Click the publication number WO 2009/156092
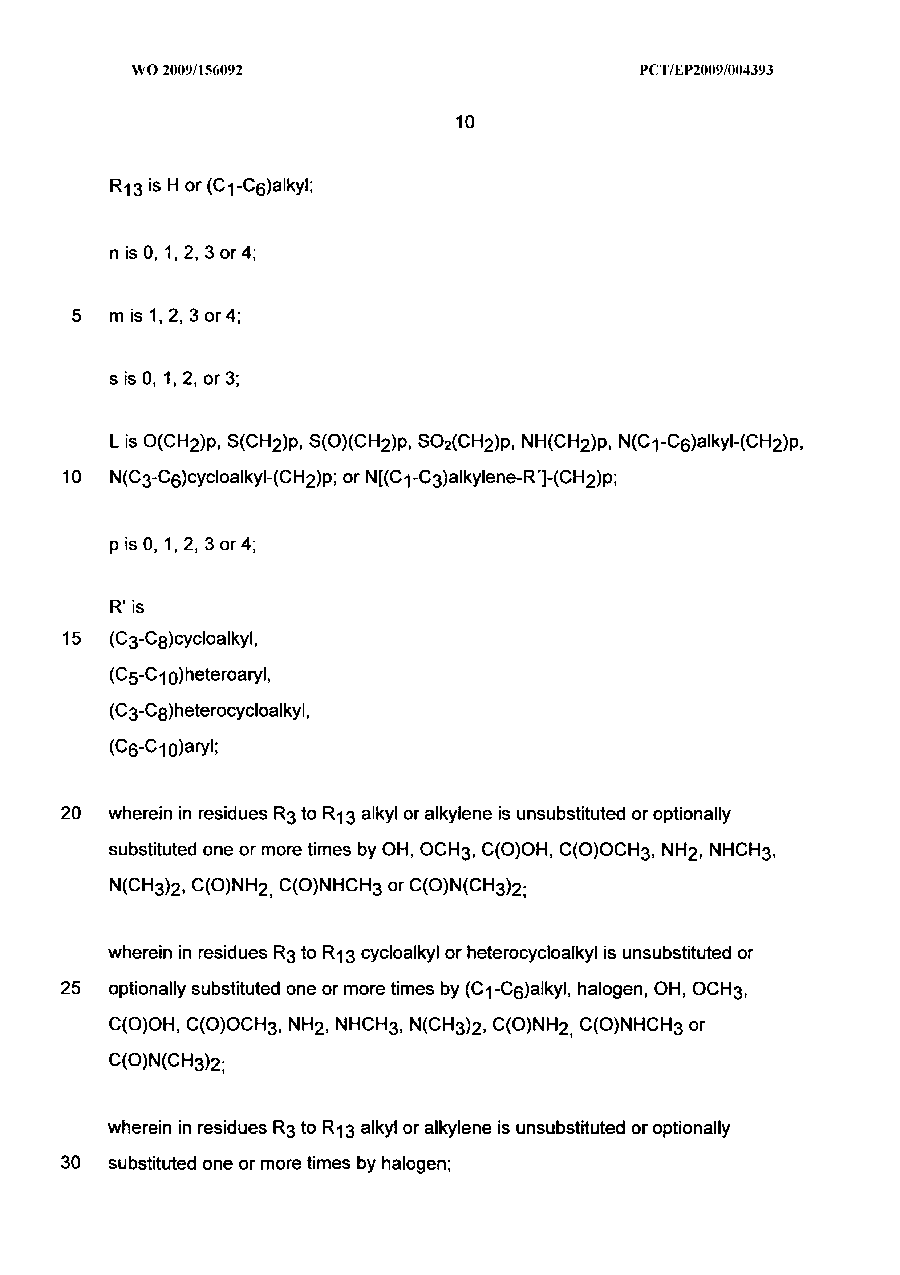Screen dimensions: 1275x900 click(187, 71)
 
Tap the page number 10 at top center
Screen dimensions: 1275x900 click(465, 122)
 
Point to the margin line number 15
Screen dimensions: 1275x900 click(72, 639)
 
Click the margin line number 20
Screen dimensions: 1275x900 click(71, 814)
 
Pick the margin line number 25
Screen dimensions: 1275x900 click(71, 989)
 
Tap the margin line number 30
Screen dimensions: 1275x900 click(71, 1163)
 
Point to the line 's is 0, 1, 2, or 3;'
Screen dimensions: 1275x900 click(174, 379)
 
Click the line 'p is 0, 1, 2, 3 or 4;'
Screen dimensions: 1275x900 click(183, 544)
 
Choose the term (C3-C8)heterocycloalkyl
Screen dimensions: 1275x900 click(208, 711)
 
